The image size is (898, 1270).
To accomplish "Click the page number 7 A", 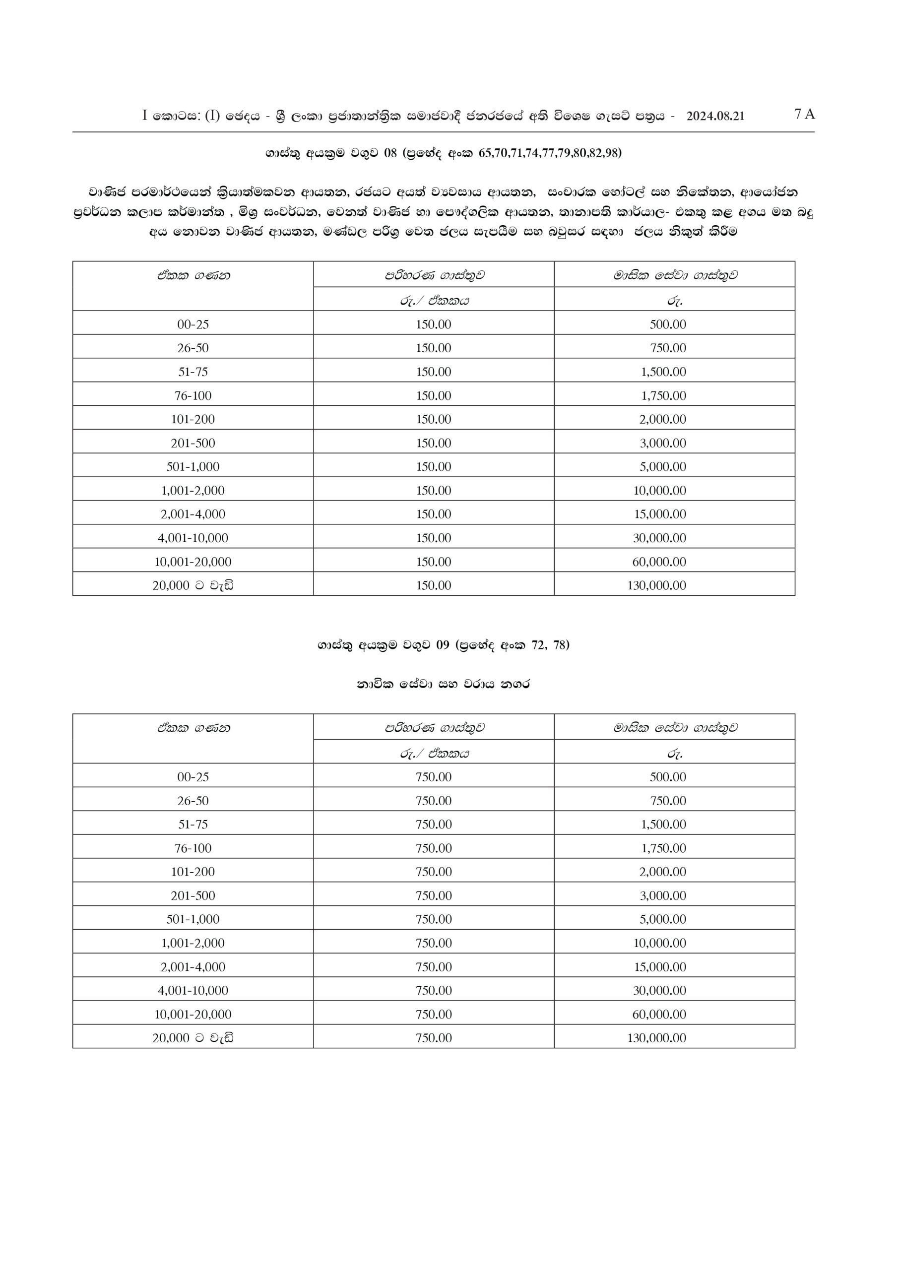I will point(804,115).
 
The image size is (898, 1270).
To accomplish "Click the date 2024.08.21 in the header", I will point(715,116).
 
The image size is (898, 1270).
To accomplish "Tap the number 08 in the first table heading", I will point(390,153).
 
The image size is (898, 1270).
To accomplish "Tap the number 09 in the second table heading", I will point(443,645).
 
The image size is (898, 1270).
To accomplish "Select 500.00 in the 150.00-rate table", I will point(667,324).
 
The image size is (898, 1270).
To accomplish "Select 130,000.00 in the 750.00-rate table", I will point(656,1038).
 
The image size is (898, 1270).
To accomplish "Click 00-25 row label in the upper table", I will point(192,324).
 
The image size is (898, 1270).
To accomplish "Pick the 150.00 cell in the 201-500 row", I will point(433,443).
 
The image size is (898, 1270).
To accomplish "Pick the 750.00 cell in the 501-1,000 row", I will point(433,919).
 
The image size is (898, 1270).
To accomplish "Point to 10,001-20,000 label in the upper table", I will point(192,562).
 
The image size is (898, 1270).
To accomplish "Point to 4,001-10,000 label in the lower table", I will point(192,991).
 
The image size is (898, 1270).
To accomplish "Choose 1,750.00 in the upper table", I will point(663,396).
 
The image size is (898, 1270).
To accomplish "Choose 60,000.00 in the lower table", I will point(659,1015).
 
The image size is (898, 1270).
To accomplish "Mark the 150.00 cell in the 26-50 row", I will point(433,348).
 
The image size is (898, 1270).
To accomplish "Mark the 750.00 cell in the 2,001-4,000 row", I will point(433,967).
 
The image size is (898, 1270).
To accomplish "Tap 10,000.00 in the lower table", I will point(659,943).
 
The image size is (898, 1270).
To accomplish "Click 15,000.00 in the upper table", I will point(659,514).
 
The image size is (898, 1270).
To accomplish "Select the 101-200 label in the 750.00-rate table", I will point(192,872).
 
